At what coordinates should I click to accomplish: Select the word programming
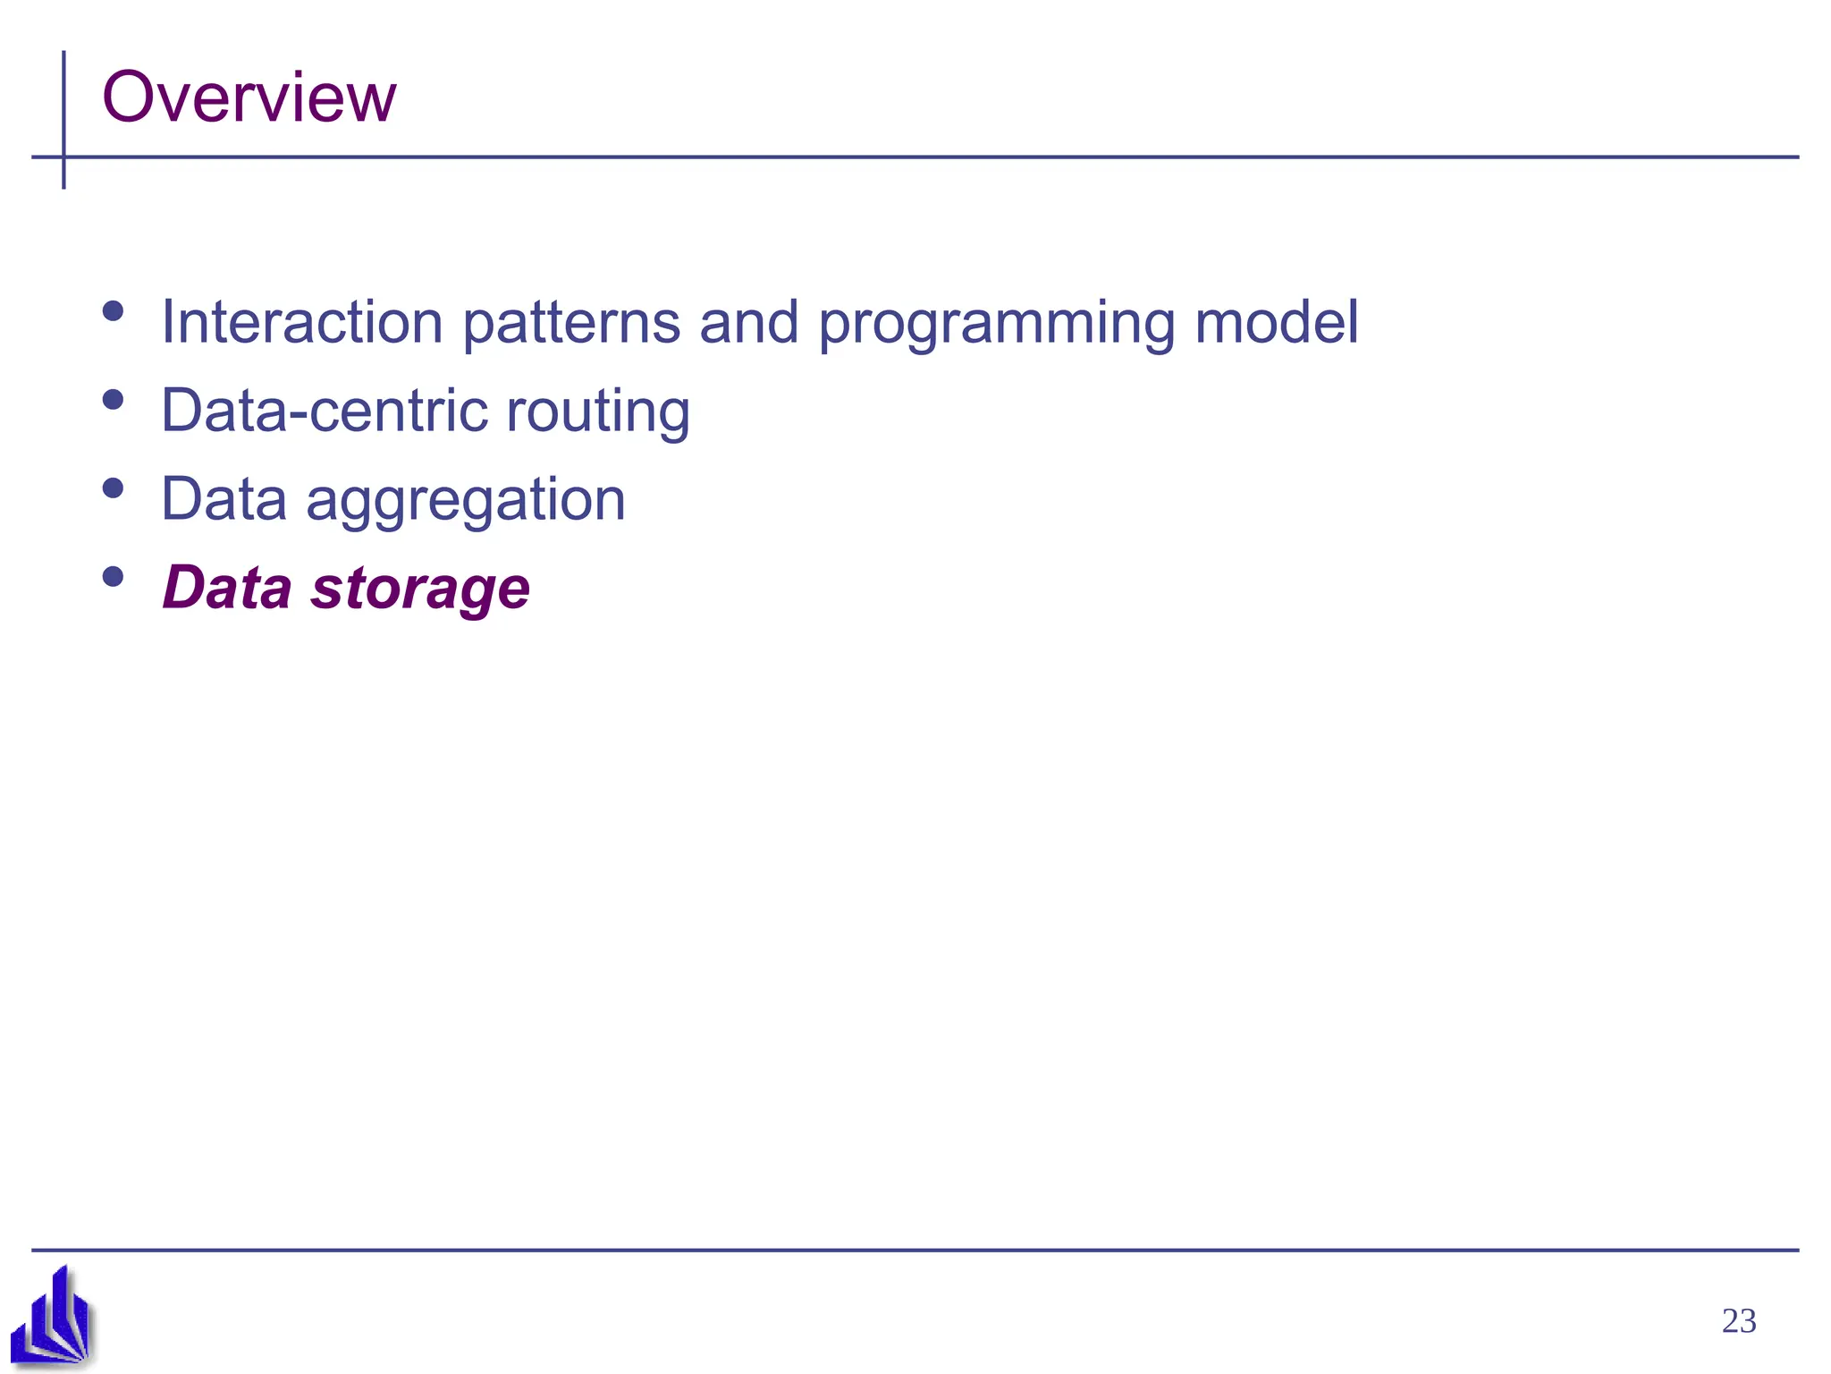[996, 324]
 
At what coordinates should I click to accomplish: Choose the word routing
[597, 412]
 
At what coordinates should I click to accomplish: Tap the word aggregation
[465, 500]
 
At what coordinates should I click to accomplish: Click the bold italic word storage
[419, 589]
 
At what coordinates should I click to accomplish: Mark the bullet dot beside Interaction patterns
[113, 311]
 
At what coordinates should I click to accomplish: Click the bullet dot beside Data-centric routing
[113, 400]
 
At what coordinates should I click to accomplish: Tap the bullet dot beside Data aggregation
[113, 488]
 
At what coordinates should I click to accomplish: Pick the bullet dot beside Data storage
[113, 577]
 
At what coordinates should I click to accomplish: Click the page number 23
[1738, 1321]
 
